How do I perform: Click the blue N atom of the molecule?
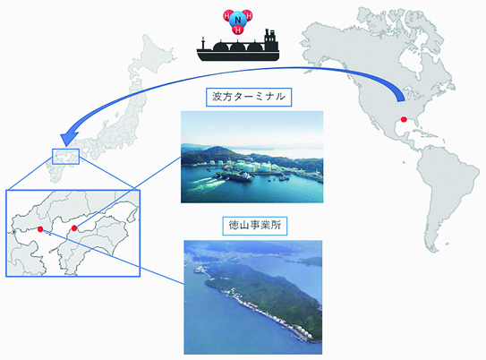click(238, 21)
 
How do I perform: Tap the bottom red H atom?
click(238, 30)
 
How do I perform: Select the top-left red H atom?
click(227, 15)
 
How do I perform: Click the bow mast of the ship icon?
click(203, 43)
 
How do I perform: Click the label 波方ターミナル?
click(249, 97)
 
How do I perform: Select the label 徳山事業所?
click(255, 226)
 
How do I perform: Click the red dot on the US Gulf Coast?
click(404, 119)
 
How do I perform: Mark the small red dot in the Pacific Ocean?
click(404, 162)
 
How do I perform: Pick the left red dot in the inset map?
click(40, 229)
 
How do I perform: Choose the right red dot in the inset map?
click(73, 228)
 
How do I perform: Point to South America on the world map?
click(447, 186)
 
